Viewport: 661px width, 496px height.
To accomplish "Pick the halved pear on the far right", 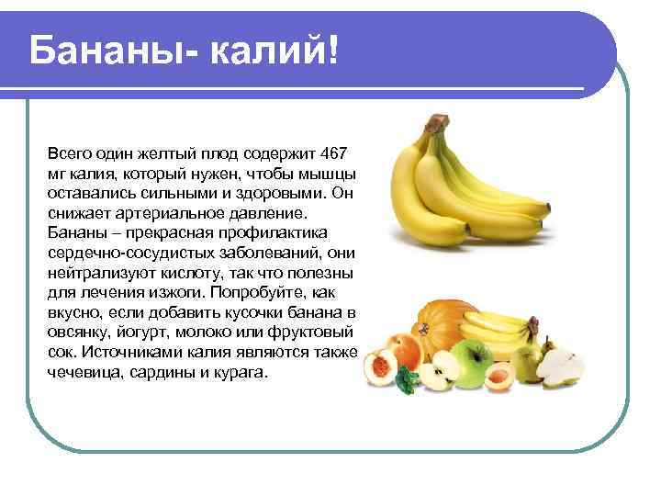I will coord(560,368).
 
